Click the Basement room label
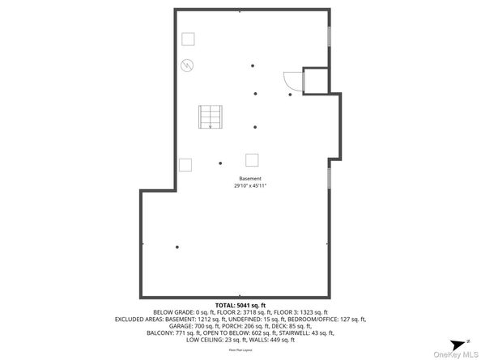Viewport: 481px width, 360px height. click(250, 178)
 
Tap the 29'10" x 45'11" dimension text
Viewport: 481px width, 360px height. click(250, 186)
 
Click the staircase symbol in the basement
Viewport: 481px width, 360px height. click(210, 117)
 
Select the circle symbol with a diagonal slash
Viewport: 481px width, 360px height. click(187, 66)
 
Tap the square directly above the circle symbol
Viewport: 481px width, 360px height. click(188, 38)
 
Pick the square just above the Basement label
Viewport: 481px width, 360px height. click(253, 159)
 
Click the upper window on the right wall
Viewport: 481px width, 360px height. click(329, 37)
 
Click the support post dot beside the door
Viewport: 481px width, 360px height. click(290, 95)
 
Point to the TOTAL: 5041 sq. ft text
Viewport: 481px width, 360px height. click(240, 305)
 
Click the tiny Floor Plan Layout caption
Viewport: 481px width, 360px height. click(240, 349)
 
